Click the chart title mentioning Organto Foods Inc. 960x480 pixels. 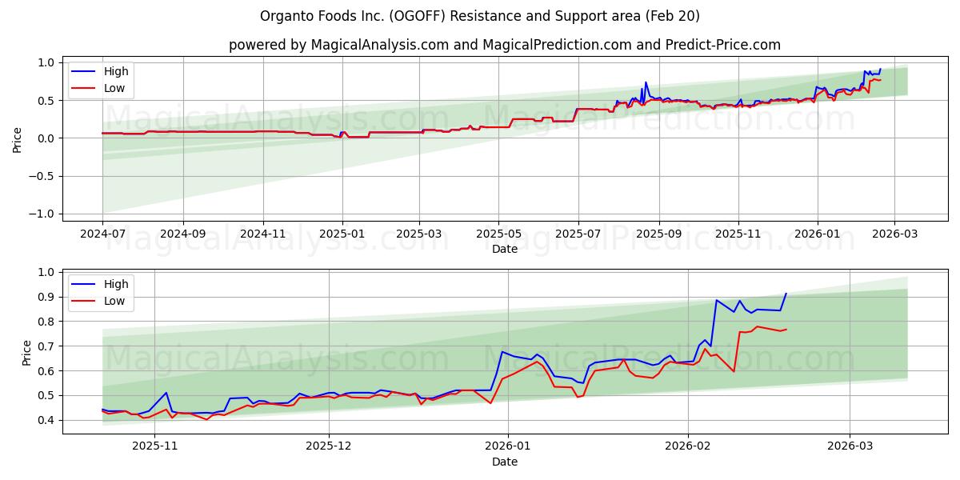[x=480, y=16]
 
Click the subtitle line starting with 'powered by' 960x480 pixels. [x=504, y=45]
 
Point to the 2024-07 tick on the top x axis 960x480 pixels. [x=102, y=234]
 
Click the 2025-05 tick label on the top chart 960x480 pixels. [x=498, y=234]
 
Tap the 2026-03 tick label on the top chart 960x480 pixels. [x=894, y=234]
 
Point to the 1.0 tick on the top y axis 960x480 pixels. [x=46, y=62]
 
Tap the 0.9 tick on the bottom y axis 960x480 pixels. [x=46, y=297]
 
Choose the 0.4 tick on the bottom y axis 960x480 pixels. [x=46, y=420]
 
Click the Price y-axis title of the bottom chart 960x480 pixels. [x=27, y=352]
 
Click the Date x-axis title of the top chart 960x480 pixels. [x=504, y=249]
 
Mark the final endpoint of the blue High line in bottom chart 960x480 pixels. [x=786, y=294]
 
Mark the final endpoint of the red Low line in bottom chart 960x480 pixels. [x=786, y=329]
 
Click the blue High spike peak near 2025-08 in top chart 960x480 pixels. [x=646, y=82]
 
